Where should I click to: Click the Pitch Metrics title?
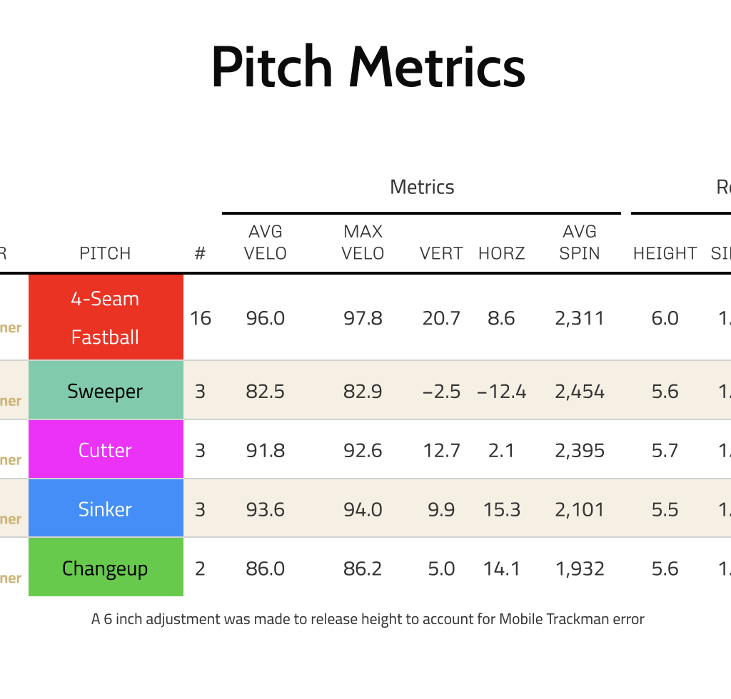coord(368,67)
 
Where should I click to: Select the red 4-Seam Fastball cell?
coord(106,317)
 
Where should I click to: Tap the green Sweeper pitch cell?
coord(106,391)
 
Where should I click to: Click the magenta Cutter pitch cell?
coord(106,450)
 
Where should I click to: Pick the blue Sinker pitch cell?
coord(106,509)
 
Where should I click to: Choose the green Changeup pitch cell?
coord(106,568)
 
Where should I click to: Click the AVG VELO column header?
coord(266,243)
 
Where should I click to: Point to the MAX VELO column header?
coord(363,243)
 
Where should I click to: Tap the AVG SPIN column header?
coord(580,243)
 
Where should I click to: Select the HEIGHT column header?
coord(665,253)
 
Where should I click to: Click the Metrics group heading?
coord(422,188)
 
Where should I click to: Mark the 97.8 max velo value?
coord(363,318)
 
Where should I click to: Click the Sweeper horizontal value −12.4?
coord(501,392)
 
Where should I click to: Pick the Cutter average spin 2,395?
coord(580,451)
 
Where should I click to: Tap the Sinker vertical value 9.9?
coord(441,510)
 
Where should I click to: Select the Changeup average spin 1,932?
coord(580,569)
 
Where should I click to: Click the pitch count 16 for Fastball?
coord(201,318)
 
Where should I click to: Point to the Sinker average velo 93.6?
coord(266,510)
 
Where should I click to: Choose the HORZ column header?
coord(501,253)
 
